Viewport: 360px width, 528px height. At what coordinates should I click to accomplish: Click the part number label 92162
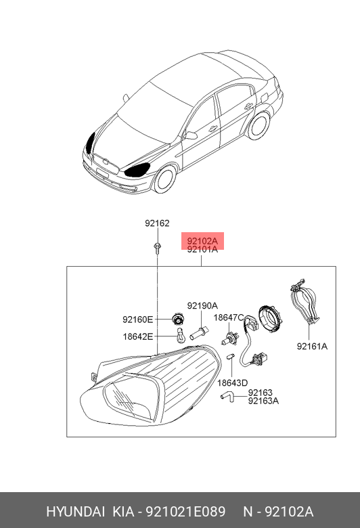coord(157,223)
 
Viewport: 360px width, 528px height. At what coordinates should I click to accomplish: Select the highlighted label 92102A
coord(203,241)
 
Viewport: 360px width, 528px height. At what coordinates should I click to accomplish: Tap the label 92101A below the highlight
coord(203,250)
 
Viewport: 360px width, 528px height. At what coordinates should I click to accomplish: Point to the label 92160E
coord(138,320)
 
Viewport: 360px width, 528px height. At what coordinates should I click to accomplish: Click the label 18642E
coord(138,336)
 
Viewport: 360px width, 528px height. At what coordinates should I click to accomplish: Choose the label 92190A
coord(202,306)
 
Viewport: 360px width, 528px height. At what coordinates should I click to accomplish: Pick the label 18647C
coord(229,317)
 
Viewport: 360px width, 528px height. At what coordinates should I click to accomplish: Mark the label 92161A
coord(312,346)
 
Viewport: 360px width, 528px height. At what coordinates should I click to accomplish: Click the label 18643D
coord(232,383)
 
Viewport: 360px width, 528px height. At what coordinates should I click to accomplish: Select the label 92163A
coord(263,401)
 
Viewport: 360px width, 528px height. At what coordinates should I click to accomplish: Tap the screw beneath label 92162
coord(157,248)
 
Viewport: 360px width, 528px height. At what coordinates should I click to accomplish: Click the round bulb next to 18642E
coord(181,336)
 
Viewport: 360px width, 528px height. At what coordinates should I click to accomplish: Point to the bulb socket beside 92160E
coord(177,318)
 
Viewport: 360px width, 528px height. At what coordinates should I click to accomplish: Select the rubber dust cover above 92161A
coord(305,301)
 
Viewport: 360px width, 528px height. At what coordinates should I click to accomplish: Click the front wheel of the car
coord(164,179)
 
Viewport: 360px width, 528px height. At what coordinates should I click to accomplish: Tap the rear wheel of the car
coord(258,125)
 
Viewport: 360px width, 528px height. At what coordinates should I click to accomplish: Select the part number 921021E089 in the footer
coord(185,512)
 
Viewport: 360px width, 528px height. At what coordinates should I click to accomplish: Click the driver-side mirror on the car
coord(191,135)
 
